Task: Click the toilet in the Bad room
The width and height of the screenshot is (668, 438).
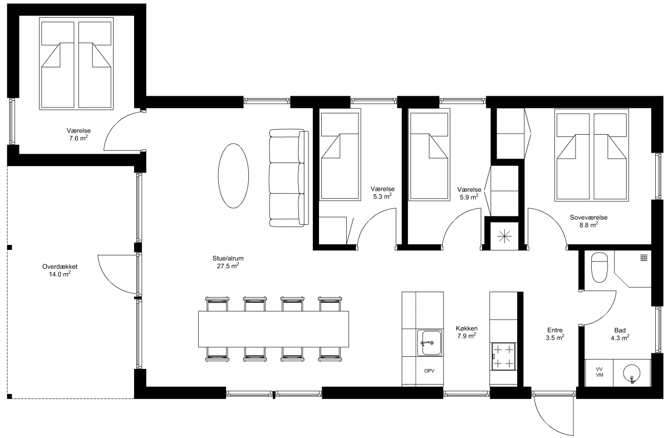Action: [x=599, y=268]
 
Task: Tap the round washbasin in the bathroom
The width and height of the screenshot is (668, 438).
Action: [x=632, y=373]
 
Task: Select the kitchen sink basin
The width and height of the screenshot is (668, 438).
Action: [x=429, y=343]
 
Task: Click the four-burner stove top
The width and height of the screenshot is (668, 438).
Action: [x=503, y=356]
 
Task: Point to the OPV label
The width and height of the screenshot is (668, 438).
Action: [x=429, y=371]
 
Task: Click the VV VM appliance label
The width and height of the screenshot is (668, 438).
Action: [x=599, y=372]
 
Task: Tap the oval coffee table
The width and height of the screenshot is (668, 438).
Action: [x=233, y=176]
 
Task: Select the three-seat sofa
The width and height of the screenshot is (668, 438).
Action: [x=289, y=178]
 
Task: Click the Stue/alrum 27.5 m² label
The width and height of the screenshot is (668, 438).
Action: [x=228, y=262]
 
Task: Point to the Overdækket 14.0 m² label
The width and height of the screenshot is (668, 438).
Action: [x=60, y=270]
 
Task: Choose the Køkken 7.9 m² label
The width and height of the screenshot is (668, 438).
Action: [x=466, y=332]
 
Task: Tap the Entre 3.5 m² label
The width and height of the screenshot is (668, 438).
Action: [x=555, y=333]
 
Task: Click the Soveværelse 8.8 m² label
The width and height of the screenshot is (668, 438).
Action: [x=589, y=222]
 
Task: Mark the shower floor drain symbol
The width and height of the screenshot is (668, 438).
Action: [x=644, y=258]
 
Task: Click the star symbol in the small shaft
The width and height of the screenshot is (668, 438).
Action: [x=504, y=237]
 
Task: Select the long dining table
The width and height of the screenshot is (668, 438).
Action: [x=273, y=329]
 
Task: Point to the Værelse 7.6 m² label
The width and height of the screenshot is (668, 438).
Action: [x=78, y=134]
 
